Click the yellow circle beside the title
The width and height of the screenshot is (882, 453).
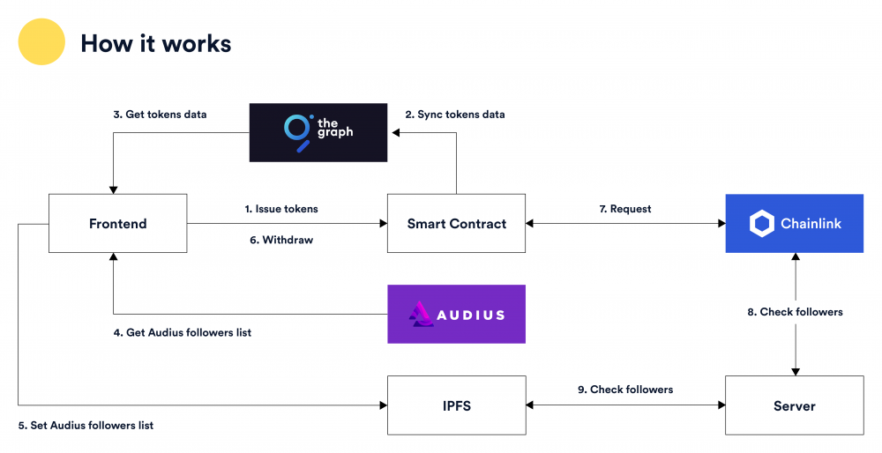tap(41, 42)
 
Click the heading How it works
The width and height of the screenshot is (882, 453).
tap(156, 43)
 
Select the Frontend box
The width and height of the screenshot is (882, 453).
tap(117, 224)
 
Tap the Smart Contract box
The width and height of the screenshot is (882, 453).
tap(456, 224)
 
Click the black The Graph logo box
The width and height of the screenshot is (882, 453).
tap(318, 132)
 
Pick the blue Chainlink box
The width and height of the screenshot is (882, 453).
tap(794, 224)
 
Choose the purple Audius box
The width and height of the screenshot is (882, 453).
tap(456, 314)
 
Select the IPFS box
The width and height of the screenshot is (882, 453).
tap(456, 405)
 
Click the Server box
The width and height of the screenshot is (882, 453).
tap(794, 405)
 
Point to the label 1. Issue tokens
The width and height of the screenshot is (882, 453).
tap(281, 209)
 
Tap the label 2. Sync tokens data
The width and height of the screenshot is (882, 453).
tap(455, 115)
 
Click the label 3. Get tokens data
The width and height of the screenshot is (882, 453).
tap(160, 115)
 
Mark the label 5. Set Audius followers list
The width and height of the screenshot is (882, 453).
tap(86, 425)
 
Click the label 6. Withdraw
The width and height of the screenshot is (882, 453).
tap(280, 240)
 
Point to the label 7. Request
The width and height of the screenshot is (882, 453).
tap(624, 209)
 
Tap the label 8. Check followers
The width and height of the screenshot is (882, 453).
tap(795, 312)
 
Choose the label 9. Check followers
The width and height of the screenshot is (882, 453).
tap(624, 390)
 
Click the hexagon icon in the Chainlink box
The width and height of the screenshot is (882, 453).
tap(761, 224)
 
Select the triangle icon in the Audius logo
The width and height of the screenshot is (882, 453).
tap(420, 315)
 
